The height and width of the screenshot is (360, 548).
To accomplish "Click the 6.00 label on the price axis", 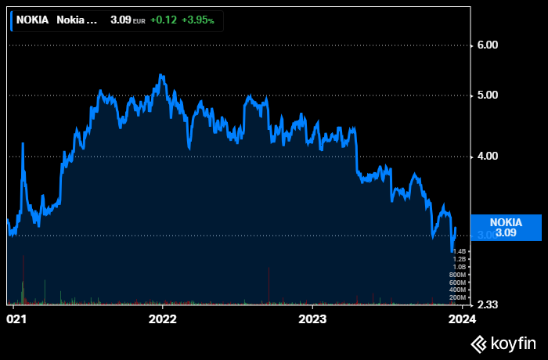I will pos(488,45).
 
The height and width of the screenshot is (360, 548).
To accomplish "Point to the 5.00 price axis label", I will pos(488,95).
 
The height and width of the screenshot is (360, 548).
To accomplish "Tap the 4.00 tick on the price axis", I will pos(488,157).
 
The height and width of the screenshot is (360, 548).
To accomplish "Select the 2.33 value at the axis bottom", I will pos(488,304).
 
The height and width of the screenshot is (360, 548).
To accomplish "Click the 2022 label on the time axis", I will pos(162,319).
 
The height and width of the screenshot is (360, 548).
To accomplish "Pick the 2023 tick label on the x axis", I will pos(312,319).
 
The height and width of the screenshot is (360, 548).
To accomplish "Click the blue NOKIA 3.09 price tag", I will pos(506,227).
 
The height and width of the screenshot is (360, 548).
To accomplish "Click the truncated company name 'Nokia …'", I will pos(77,20).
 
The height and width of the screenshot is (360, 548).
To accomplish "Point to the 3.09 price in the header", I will pos(120,20).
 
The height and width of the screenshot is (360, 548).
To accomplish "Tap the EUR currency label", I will pos(139,20).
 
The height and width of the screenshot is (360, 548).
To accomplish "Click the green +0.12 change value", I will pos(163,20).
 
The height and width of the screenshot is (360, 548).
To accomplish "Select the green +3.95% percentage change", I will pos(197,20).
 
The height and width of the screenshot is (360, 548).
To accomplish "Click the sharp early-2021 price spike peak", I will pos(23,144).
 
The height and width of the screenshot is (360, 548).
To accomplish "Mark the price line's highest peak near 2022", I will pos(160,75).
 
